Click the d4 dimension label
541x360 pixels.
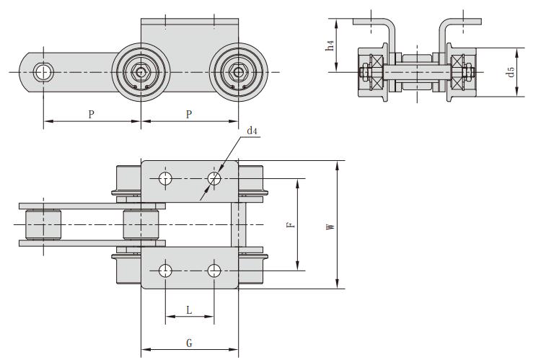tap(252, 131)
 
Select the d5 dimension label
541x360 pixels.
tap(511, 71)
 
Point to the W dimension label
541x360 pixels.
tap(330, 227)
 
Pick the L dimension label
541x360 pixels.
tap(189, 309)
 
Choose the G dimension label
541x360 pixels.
tap(189, 343)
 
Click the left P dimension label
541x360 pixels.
tap(91, 114)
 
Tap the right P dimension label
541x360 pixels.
tap(189, 114)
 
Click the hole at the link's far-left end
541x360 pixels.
tap(44, 71)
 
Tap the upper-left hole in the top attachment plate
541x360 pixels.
tap(166, 178)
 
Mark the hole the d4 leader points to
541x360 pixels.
tap(214, 178)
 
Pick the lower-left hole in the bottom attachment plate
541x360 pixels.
tap(166, 271)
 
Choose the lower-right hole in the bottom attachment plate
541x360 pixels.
tap(214, 271)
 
